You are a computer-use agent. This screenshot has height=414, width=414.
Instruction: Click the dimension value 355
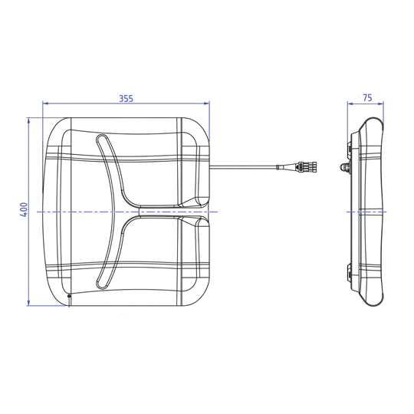coord(126,98)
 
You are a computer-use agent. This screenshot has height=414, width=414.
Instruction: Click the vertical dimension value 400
coord(24,209)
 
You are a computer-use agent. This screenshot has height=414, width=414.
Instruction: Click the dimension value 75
coord(367,98)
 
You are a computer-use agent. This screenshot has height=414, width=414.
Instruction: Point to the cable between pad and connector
coord(243,166)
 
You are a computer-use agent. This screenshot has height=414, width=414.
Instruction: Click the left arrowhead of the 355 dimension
coord(45,103)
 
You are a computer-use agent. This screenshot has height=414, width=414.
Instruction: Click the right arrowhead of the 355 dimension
coord(206,103)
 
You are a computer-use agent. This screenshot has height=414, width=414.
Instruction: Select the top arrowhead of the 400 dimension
coord(28,121)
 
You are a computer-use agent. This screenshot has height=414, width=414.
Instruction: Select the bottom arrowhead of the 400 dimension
coord(28,303)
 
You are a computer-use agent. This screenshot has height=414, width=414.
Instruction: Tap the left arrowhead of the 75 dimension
coord(350,103)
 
